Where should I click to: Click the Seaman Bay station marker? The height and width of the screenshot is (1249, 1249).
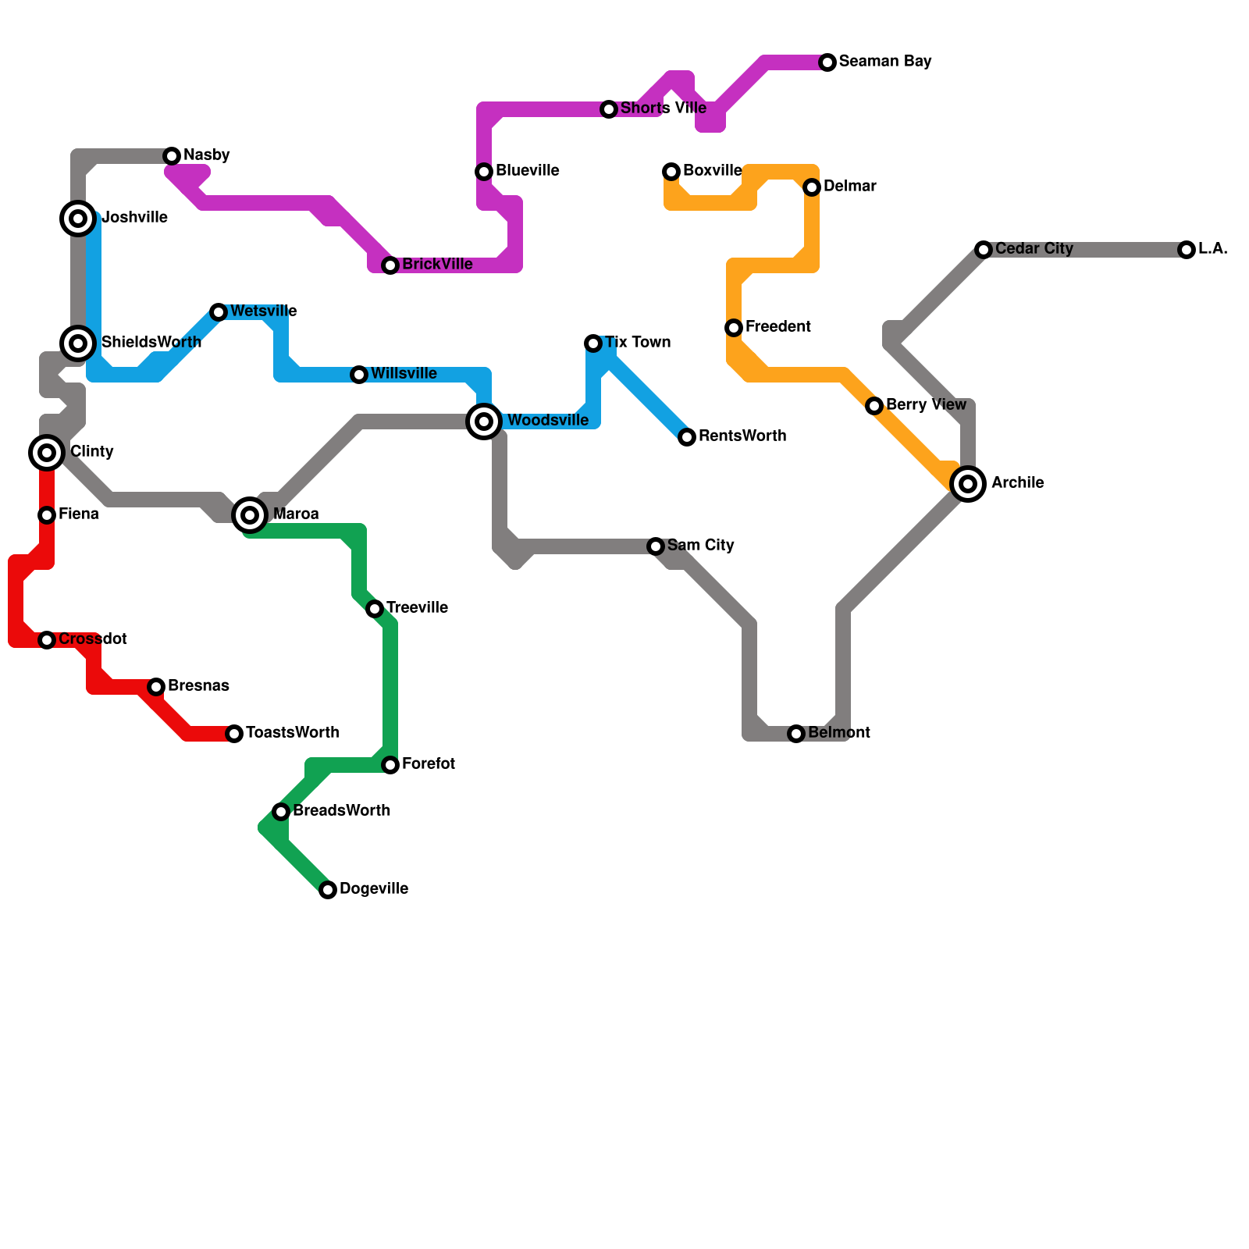point(827,62)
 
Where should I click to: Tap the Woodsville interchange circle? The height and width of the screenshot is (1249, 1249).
point(484,422)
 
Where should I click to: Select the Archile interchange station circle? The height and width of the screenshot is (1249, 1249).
point(968,484)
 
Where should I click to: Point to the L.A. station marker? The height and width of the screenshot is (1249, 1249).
point(1187,250)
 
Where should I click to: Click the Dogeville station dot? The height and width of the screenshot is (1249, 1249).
point(328,890)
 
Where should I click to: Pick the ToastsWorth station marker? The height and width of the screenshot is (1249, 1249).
point(234,734)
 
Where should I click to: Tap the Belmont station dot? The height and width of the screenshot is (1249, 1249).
point(796,734)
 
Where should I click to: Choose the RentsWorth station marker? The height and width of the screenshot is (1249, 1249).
point(687,437)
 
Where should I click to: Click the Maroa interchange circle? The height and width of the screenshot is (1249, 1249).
point(250,515)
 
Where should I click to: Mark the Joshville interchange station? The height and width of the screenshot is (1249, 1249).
point(78,219)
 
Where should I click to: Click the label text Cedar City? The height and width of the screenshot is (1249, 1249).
point(1034,249)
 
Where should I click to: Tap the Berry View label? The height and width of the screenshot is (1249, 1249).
point(926,405)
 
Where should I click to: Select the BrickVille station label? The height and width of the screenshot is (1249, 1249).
point(437,265)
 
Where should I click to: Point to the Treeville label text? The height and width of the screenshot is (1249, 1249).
point(417,608)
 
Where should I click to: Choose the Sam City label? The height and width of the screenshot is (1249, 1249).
point(700,546)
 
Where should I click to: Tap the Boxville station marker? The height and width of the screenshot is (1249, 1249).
point(671,172)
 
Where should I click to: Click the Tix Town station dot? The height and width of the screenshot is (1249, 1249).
point(593,343)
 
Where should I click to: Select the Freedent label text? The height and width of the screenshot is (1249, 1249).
point(778,327)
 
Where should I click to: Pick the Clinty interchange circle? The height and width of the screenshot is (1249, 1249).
point(47,453)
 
